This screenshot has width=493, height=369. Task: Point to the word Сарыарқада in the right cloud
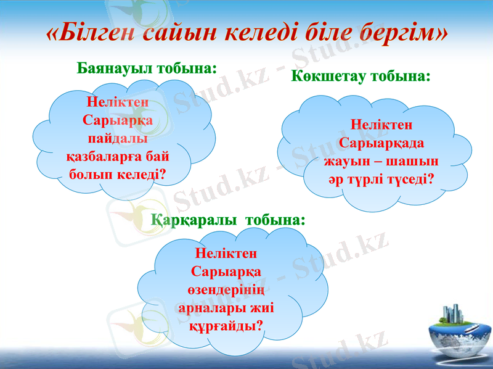tap(381, 143)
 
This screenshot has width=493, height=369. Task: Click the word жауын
tap(346, 161)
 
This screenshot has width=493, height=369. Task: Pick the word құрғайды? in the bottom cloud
tap(226, 325)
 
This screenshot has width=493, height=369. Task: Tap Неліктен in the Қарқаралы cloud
tap(226, 252)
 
